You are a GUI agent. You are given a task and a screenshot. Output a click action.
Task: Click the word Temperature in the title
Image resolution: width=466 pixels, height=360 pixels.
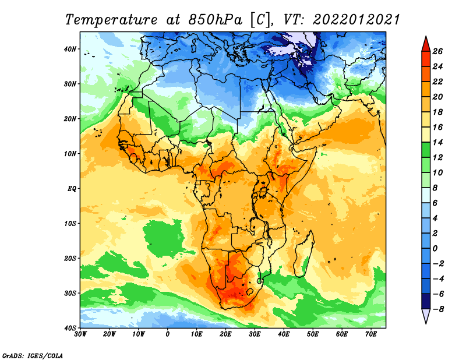pyautogui.click(x=111, y=20)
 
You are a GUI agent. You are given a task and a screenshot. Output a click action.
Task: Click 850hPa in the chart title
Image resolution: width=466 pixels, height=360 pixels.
pyautogui.click(x=216, y=20)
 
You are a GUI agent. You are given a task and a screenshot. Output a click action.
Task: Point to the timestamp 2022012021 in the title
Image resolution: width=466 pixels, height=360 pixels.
pyautogui.click(x=356, y=20)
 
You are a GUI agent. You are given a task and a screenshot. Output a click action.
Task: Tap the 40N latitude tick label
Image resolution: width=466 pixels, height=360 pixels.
pyautogui.click(x=70, y=49)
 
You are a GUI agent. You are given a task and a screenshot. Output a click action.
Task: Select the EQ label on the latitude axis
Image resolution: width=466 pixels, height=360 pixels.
pyautogui.click(x=72, y=189)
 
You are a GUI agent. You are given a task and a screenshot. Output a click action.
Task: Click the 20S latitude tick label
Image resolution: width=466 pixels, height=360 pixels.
pyautogui.click(x=70, y=258)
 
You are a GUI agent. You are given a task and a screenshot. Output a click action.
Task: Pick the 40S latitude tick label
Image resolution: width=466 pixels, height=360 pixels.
pyautogui.click(x=70, y=328)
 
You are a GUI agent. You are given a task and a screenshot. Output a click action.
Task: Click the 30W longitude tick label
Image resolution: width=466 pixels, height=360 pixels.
pyautogui.click(x=80, y=334)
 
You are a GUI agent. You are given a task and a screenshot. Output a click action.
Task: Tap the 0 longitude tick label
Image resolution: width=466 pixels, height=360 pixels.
pyautogui.click(x=168, y=334)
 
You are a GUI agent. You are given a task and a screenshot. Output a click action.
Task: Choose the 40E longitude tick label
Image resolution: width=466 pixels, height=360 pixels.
pyautogui.click(x=284, y=334)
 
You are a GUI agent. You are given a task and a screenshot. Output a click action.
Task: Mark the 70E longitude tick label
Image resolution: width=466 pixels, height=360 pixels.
pyautogui.click(x=371, y=334)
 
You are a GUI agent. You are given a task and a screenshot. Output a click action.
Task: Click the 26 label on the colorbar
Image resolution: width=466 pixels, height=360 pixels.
pyautogui.click(x=437, y=51)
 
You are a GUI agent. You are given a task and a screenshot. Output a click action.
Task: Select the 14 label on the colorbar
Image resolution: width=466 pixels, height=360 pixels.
pyautogui.click(x=437, y=142)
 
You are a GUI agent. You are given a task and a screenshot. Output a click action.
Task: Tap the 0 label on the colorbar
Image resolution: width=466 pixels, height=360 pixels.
pyautogui.click(x=435, y=249)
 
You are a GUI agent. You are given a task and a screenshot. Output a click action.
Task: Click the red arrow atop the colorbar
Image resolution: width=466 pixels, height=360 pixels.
pyautogui.click(x=426, y=44)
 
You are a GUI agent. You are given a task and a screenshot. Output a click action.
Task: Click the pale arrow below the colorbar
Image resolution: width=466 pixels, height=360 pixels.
pyautogui.click(x=426, y=316)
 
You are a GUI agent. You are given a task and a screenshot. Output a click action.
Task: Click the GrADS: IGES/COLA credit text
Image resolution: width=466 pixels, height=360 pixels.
pyautogui.click(x=33, y=355)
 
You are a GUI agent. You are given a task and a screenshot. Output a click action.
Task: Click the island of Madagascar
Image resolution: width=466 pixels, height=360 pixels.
pyautogui.click(x=304, y=254)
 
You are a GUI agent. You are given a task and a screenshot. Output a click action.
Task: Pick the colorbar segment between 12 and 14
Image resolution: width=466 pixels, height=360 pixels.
pyautogui.click(x=426, y=150)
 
